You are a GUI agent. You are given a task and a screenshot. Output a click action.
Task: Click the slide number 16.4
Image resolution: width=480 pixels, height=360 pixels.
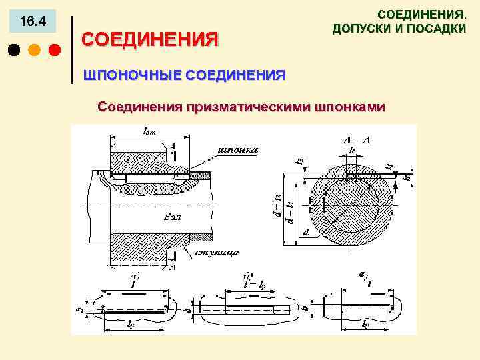33,22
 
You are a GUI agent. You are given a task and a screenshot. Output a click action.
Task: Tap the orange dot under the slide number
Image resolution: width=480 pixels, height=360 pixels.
35,50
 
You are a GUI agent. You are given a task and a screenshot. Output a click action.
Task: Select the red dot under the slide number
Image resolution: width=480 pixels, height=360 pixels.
55,50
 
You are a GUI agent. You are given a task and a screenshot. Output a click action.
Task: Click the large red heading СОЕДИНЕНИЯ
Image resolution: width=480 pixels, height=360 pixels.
149,39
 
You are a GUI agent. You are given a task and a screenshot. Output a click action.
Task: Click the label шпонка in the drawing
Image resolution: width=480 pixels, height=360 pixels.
238,150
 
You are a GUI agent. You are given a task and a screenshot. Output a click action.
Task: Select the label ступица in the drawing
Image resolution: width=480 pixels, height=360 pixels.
217,253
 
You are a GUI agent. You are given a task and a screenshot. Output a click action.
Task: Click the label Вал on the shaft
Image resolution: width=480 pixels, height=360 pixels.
172,217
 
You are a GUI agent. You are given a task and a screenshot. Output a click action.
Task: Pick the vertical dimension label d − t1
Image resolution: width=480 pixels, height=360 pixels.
291,208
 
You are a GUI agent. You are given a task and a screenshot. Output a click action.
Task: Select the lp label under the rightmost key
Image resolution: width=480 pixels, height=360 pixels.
365,325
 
